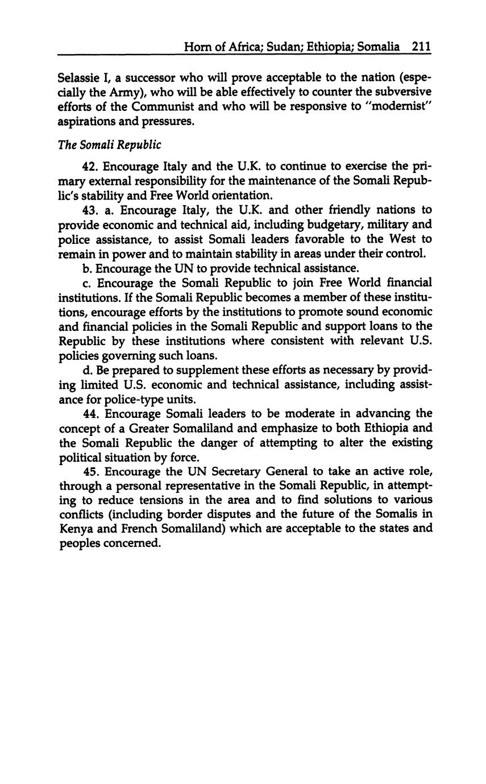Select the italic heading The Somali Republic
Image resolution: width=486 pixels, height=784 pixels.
(x=110, y=145)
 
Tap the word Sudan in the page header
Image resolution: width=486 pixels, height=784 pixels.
(x=283, y=47)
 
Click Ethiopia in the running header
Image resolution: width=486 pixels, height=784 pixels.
(x=329, y=47)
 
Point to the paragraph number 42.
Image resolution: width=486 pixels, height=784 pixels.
(x=91, y=167)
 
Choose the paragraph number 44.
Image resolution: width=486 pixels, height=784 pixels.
(x=91, y=413)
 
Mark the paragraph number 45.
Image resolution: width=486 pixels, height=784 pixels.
(x=91, y=471)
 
